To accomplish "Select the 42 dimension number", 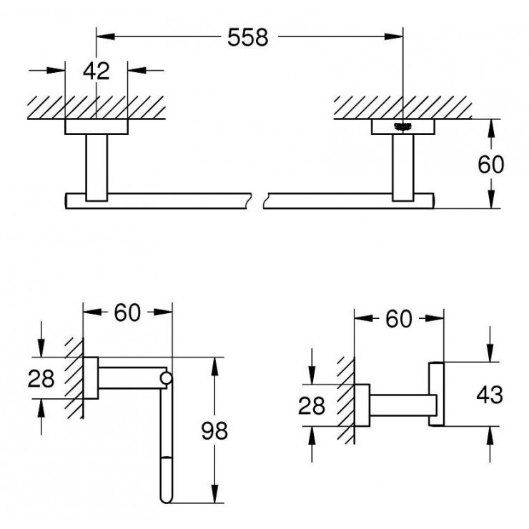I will pyautogui.click(x=96, y=71).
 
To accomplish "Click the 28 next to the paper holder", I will pyautogui.click(x=41, y=379).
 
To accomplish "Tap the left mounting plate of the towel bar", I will pyautogui.click(x=96, y=127).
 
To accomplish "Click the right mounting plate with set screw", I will pyautogui.click(x=402, y=127).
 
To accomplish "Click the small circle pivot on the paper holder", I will pyautogui.click(x=167, y=378).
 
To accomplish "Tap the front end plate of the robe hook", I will pyautogui.click(x=436, y=395).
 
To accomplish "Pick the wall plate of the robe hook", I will pyautogui.click(x=362, y=405).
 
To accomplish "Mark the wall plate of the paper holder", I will pyautogui.click(x=91, y=378).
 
